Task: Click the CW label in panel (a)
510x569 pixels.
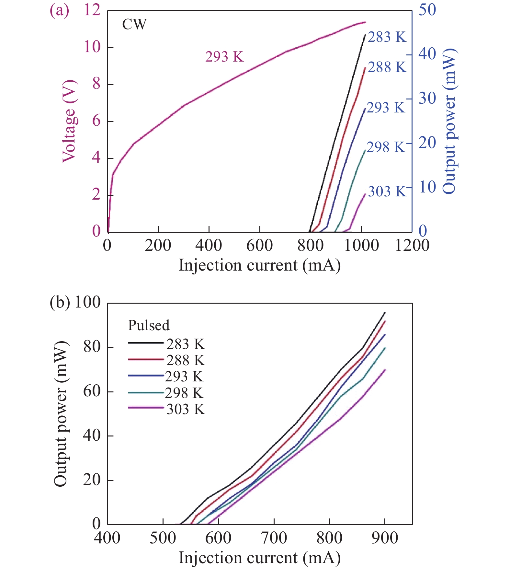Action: pos(134,24)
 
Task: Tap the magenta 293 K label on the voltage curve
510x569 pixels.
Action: pos(224,57)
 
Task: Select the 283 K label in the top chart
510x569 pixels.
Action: pos(387,37)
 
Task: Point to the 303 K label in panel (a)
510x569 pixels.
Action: pos(387,192)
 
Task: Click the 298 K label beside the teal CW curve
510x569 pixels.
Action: pos(386,147)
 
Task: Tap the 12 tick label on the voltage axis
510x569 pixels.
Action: pos(92,10)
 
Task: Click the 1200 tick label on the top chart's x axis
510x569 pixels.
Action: pos(412,245)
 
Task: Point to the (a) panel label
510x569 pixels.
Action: pos(59,10)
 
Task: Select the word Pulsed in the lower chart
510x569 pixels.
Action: pos(149,325)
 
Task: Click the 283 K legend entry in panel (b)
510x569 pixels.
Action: pos(186,344)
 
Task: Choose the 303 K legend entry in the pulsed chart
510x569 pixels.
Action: pos(186,409)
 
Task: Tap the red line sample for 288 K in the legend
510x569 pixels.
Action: pos(146,359)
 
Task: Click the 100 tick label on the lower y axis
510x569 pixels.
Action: pos(87,302)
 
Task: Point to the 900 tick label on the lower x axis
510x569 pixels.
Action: pos(385,538)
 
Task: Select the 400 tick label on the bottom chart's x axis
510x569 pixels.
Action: pos(107,538)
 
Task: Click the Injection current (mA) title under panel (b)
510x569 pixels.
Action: pos(260,558)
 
